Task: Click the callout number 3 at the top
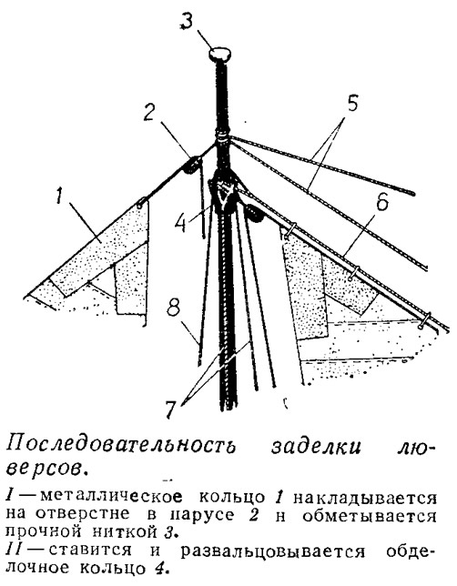[x=187, y=23]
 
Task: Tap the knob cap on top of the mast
[x=219, y=54]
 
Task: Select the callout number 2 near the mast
[x=149, y=111]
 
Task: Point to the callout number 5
[x=351, y=103]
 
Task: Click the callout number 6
[x=382, y=201]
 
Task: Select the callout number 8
[x=174, y=308]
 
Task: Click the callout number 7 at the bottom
[x=169, y=409]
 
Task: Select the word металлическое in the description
[x=111, y=497]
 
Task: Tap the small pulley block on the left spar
[x=191, y=166]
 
